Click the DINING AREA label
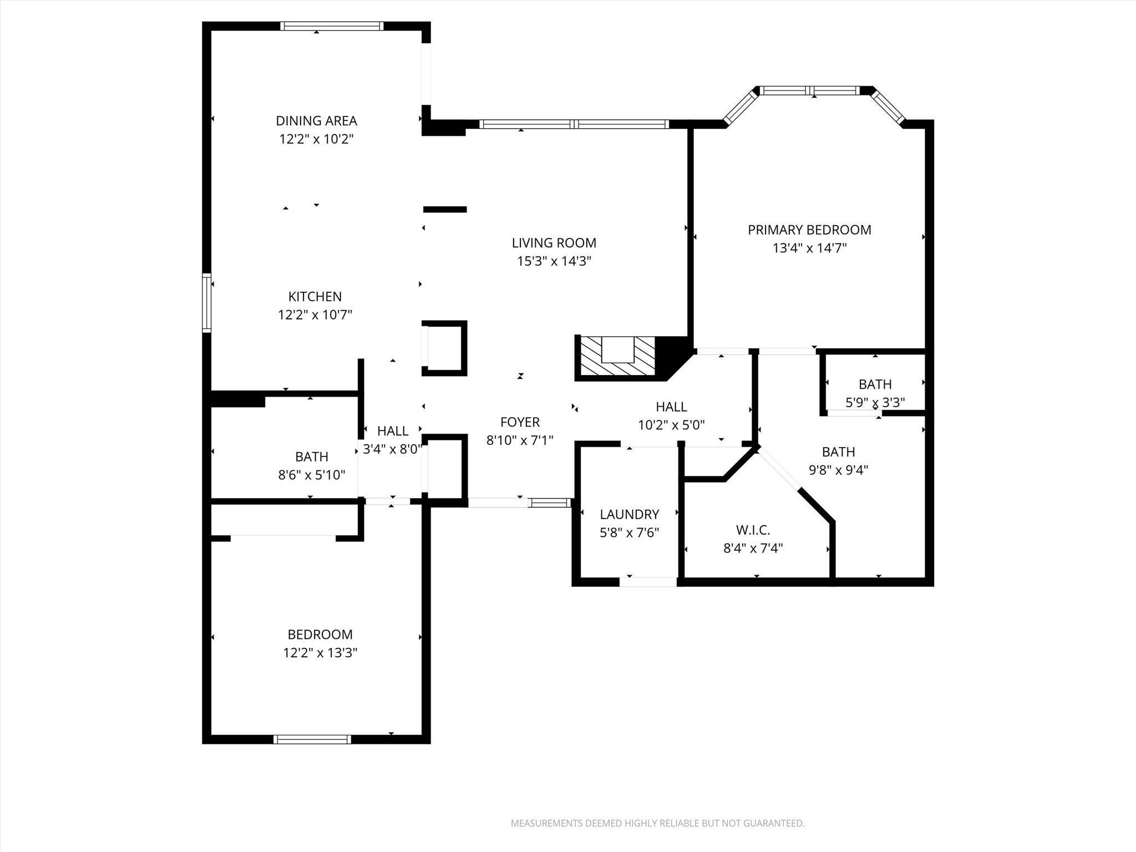pyautogui.click(x=316, y=120)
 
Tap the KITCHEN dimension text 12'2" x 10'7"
pyautogui.click(x=315, y=315)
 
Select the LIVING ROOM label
pyautogui.click(x=554, y=242)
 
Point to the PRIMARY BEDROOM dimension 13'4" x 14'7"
pyautogui.click(x=809, y=248)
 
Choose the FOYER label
pyautogui.click(x=520, y=422)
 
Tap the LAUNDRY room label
pyautogui.click(x=629, y=514)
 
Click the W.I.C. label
pyautogui.click(x=753, y=530)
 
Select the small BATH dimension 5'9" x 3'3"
pyautogui.click(x=875, y=402)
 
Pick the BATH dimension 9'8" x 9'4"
pyautogui.click(x=838, y=470)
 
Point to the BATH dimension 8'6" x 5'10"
pyautogui.click(x=311, y=475)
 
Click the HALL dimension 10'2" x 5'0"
pyautogui.click(x=671, y=425)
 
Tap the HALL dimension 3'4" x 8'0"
pyautogui.click(x=392, y=449)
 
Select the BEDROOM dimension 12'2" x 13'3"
pyautogui.click(x=320, y=653)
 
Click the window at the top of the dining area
pyautogui.click(x=332, y=26)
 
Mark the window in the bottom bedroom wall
pyautogui.click(x=312, y=739)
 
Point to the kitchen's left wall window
pyautogui.click(x=207, y=303)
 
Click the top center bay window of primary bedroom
pyautogui.click(x=809, y=90)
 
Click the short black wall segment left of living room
pyautogui.click(x=445, y=209)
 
